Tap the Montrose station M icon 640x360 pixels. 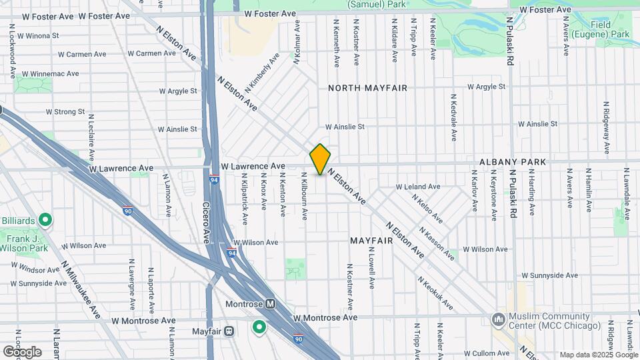click(271, 303)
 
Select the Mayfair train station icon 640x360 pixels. click(229, 330)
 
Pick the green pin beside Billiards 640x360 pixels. click(45, 219)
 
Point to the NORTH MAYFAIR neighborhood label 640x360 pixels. click(367, 87)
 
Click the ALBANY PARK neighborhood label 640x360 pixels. click(513, 162)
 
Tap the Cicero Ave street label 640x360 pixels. click(207, 223)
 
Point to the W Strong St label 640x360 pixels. click(65, 111)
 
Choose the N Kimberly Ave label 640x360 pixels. click(261, 73)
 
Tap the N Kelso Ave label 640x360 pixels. click(427, 208)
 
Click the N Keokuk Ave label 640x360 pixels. click(436, 293)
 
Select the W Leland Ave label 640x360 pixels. click(418, 187)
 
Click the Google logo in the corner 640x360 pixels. click(21, 351)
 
